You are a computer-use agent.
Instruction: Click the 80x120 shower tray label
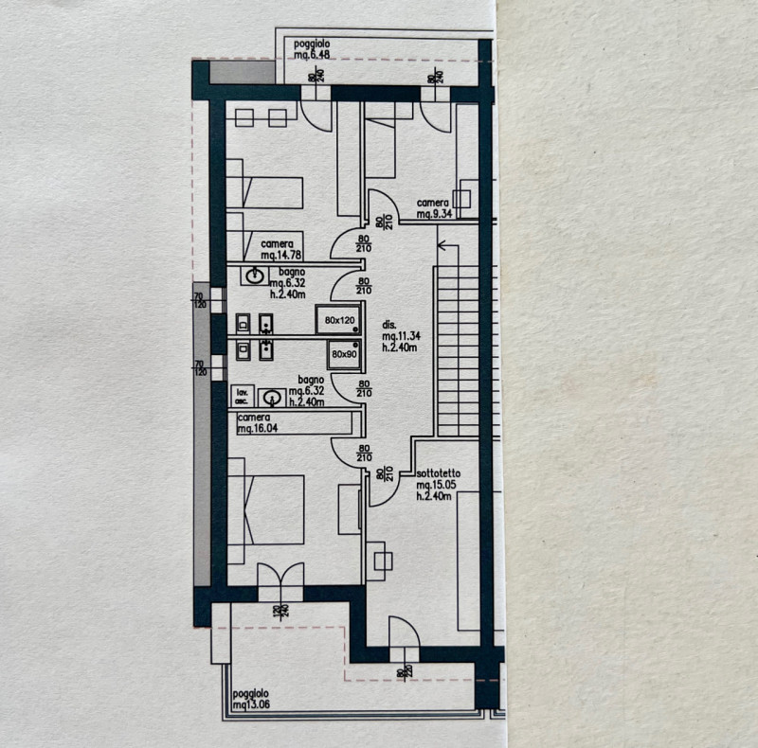tap(340, 321)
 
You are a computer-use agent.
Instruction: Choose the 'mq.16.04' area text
tap(259, 429)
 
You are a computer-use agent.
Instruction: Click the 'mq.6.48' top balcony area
tap(312, 55)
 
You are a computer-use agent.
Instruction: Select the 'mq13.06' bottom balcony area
tap(250, 704)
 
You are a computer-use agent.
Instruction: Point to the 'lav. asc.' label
tap(242, 396)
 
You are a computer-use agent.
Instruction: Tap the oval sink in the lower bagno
tap(272, 398)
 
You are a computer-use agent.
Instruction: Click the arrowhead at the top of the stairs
tap(441, 245)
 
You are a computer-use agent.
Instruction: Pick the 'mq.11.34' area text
tap(402, 335)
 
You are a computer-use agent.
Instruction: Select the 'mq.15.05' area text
tap(437, 484)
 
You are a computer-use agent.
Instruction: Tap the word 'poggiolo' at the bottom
tap(250, 693)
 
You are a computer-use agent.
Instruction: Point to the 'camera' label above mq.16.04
tap(255, 418)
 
